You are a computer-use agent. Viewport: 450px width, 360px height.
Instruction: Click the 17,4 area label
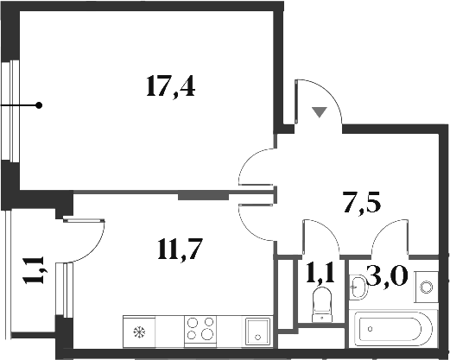point(171,86)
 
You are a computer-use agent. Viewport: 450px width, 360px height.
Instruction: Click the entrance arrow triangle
point(320,111)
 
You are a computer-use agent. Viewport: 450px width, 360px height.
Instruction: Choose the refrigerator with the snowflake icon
point(138,331)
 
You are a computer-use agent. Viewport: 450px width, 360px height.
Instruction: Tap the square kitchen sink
point(257,331)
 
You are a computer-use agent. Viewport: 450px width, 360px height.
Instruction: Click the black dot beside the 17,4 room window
point(39,105)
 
